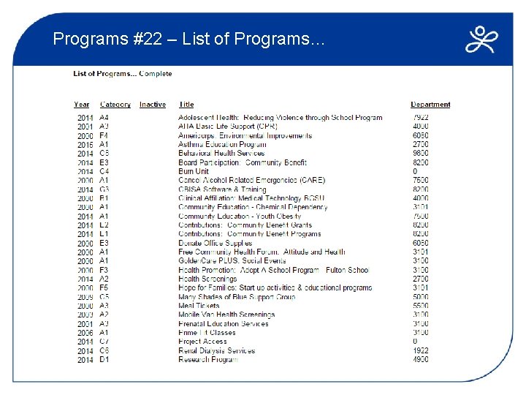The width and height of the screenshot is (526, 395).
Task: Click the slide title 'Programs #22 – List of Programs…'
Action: point(188,39)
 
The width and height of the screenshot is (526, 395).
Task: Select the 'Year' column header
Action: point(82,105)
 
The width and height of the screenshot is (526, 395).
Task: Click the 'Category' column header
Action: point(115,105)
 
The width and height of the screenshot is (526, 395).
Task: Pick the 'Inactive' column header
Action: point(153,105)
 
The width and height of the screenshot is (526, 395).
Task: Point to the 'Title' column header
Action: point(186,105)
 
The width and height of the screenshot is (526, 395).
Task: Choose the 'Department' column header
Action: point(430,105)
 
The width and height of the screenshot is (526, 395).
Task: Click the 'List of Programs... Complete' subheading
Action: point(123,74)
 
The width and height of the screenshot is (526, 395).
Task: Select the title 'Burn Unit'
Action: point(194,171)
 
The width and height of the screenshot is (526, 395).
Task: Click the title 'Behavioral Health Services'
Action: point(221,154)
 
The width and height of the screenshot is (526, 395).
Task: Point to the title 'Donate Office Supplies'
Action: point(215,243)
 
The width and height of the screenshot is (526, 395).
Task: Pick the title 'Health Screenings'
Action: point(207,279)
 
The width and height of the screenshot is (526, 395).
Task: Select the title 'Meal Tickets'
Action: point(199,306)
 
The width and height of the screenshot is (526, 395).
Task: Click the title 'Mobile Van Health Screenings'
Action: point(226,315)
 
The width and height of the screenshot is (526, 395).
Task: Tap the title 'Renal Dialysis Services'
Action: point(217,350)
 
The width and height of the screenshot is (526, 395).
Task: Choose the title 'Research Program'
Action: point(208,359)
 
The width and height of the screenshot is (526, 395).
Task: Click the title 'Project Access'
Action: point(203,342)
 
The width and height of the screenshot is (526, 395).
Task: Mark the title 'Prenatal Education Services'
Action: point(224,323)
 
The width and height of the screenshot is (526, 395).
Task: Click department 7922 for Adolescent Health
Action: point(420,118)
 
